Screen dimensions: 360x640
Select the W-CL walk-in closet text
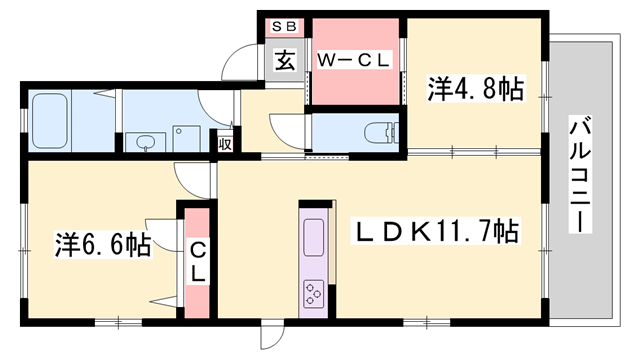pyautogui.click(x=354, y=60)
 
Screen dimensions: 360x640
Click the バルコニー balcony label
pyautogui.click(x=580, y=176)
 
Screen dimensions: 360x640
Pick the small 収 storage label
pyautogui.click(x=226, y=142)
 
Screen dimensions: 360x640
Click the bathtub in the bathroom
pyautogui.click(x=50, y=121)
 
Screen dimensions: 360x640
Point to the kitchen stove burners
pyautogui.click(x=312, y=293)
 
